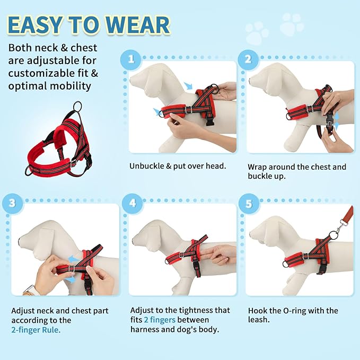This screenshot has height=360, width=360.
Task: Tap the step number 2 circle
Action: click(x=247, y=59)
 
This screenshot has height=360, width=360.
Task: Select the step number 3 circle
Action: click(x=12, y=202)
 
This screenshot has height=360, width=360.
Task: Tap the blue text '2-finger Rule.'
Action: click(x=36, y=329)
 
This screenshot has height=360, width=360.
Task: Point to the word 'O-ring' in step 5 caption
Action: click(x=300, y=310)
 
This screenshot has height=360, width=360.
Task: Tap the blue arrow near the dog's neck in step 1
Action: click(x=188, y=86)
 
